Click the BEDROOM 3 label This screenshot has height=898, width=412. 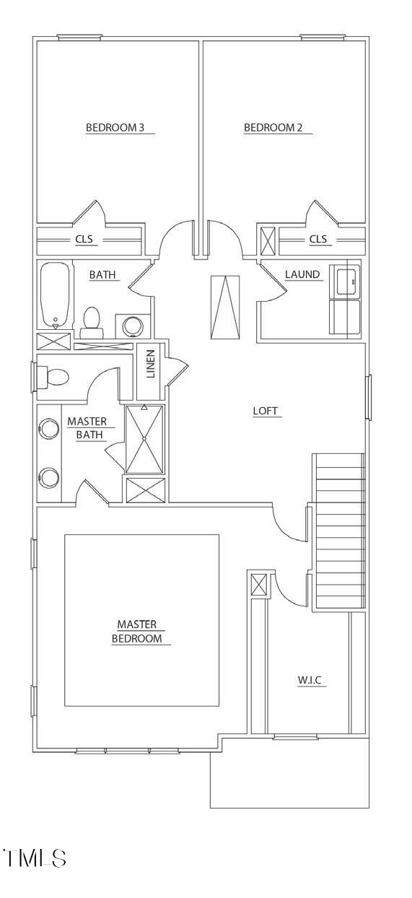[x=115, y=128]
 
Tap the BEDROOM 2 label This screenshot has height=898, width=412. [x=273, y=128]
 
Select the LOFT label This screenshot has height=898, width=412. [x=266, y=411]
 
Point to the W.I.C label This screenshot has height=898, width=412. [x=312, y=680]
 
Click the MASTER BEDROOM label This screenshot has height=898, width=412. [x=141, y=631]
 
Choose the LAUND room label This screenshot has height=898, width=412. [x=302, y=274]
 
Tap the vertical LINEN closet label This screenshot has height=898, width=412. [x=151, y=364]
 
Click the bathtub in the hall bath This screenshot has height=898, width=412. [x=55, y=295]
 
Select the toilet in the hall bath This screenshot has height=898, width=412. [x=92, y=322]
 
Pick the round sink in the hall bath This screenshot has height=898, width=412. [x=134, y=326]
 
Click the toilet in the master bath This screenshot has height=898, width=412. [x=53, y=376]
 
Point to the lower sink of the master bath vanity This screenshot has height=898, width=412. [x=49, y=477]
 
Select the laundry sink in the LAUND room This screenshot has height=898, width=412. [x=346, y=280]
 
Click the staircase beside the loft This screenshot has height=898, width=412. [x=338, y=532]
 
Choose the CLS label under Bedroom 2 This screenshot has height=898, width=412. [x=318, y=239]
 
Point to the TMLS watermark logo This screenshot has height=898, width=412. [x=36, y=858]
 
